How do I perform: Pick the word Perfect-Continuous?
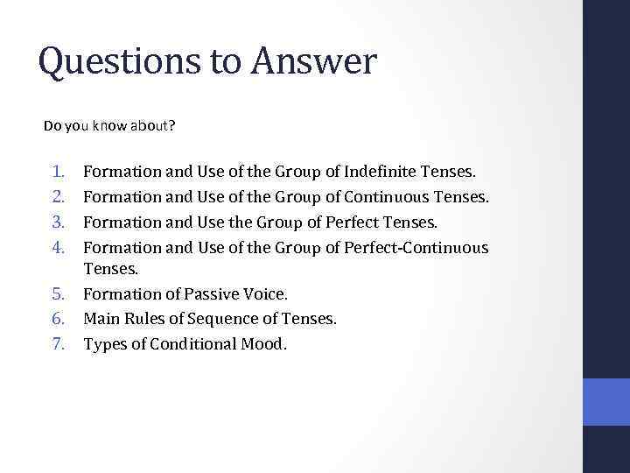point(416,248)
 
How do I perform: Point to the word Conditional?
point(192,343)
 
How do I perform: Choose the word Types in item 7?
point(103,343)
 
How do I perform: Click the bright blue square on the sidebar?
point(605,402)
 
